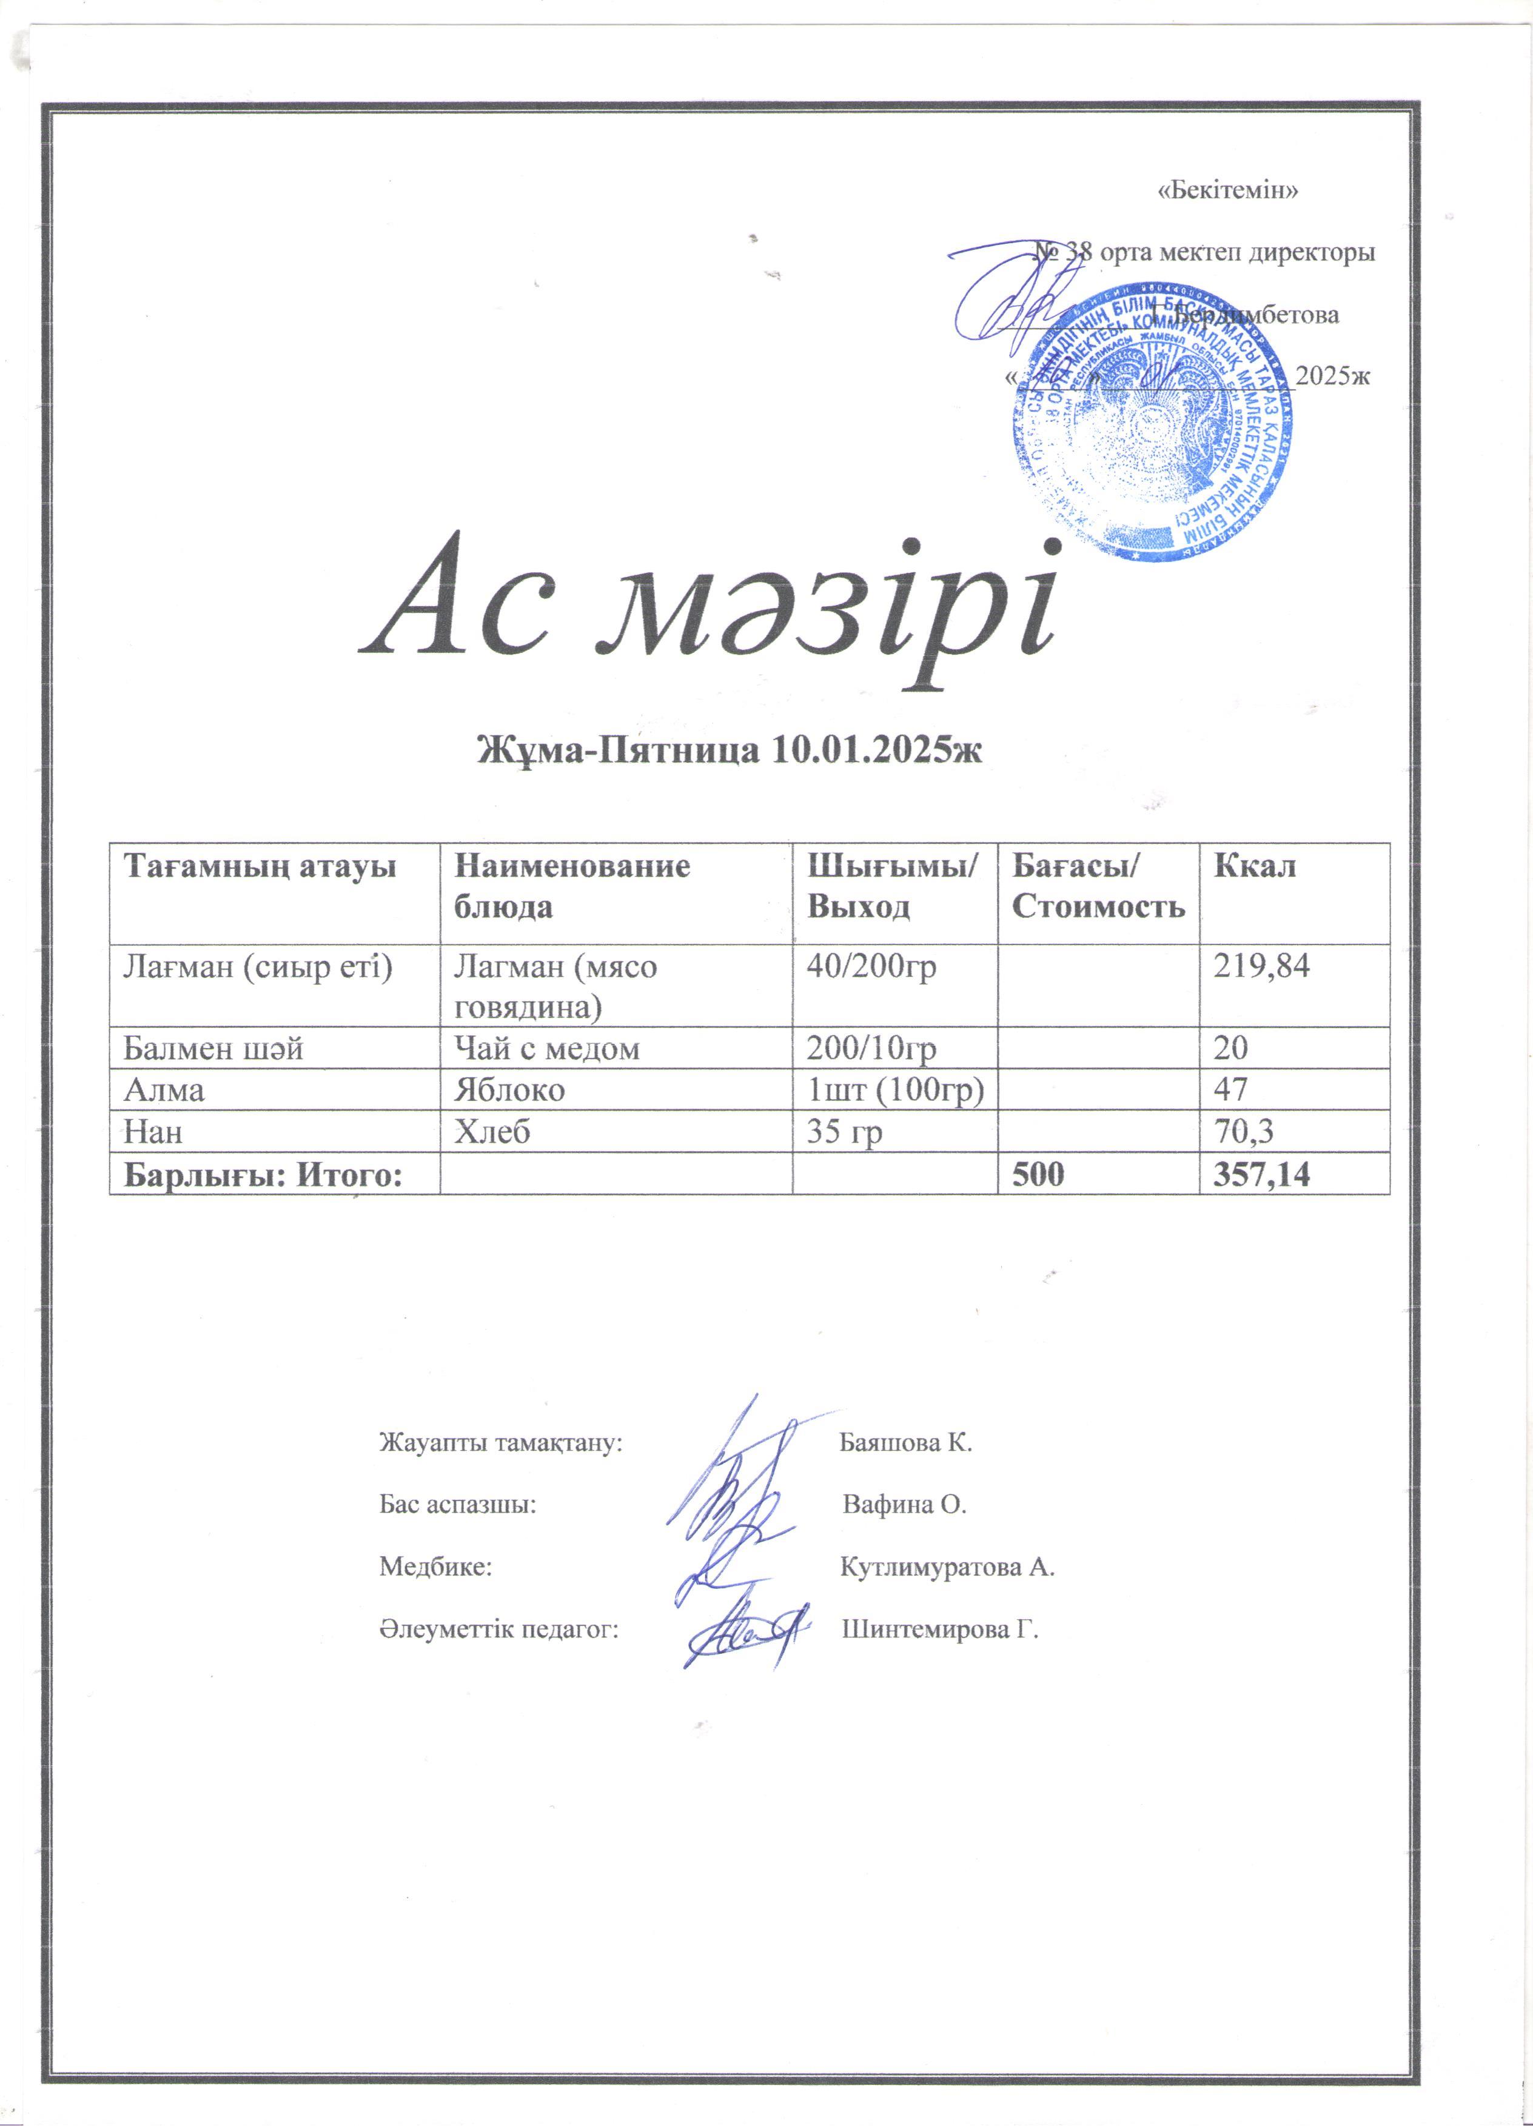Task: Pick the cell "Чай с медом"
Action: pyautogui.click(x=546, y=1047)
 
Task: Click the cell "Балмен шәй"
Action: pyautogui.click(x=214, y=1047)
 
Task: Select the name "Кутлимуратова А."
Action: pyautogui.click(x=947, y=1567)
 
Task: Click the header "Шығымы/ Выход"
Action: pyautogui.click(x=891, y=886)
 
